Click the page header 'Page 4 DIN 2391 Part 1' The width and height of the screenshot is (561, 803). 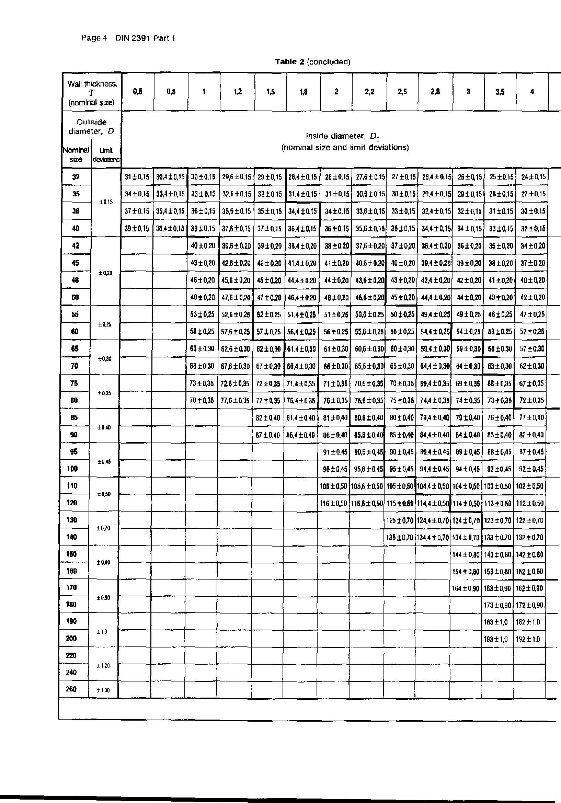pyautogui.click(x=128, y=38)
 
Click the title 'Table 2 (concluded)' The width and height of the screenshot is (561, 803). pyautogui.click(x=312, y=62)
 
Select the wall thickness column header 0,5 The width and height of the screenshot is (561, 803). pyautogui.click(x=138, y=92)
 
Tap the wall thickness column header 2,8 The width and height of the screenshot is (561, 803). pyautogui.click(x=435, y=92)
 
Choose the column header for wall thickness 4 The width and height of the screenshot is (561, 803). pyautogui.click(x=531, y=92)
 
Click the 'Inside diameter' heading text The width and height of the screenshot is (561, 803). pyautogui.click(x=345, y=136)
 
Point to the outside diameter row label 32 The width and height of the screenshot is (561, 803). pyautogui.click(x=76, y=177)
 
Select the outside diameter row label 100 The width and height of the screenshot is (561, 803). pyautogui.click(x=72, y=469)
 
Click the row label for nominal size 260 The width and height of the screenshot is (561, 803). pyautogui.click(x=71, y=689)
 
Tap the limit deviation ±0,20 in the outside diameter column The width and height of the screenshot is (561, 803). pyautogui.click(x=105, y=273)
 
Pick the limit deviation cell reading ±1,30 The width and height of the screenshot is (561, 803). pyautogui.click(x=103, y=690)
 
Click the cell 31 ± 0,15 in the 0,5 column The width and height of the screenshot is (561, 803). pyautogui.click(x=137, y=177)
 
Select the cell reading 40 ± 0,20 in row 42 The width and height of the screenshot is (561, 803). pyautogui.click(x=203, y=246)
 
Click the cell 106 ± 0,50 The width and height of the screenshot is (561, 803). pyautogui.click(x=333, y=486)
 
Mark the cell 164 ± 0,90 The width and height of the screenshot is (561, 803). pyautogui.click(x=466, y=589)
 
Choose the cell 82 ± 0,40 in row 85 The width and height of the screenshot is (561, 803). pyautogui.click(x=268, y=417)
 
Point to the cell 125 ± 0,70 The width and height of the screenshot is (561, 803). pyautogui.click(x=400, y=520)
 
